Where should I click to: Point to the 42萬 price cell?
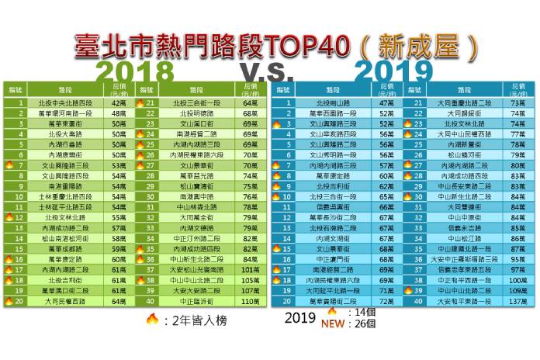[119, 102]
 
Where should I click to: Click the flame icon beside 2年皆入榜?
[152, 319]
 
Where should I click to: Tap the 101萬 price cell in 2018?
[250, 269]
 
